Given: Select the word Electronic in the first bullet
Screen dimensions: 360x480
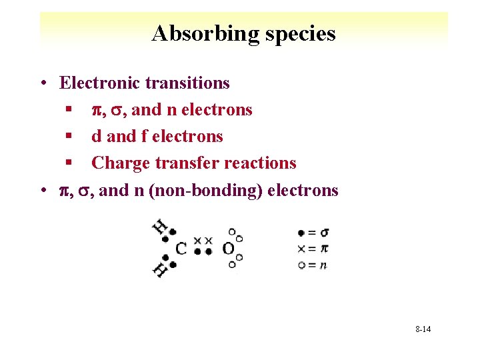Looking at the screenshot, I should [x=100, y=83].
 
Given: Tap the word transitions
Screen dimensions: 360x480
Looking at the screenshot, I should [x=187, y=83].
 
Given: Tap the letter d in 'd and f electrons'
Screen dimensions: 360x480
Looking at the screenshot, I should [x=97, y=136].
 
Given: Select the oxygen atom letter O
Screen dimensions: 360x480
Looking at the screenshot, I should [x=229, y=249].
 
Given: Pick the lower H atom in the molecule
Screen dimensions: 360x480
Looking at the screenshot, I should [x=160, y=270].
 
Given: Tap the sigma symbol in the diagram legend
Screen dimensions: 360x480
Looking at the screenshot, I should [x=324, y=233].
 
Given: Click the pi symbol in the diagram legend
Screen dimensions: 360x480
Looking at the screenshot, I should [x=324, y=249].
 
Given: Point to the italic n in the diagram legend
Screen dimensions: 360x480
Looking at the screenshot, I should [x=323, y=265].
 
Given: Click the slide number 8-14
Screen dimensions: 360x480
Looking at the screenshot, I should [x=423, y=329].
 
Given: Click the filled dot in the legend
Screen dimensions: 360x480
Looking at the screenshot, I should [x=302, y=233].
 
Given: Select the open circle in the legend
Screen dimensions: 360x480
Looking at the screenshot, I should [x=302, y=265].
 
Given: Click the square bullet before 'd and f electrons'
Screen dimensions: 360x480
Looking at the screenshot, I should [x=69, y=137].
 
